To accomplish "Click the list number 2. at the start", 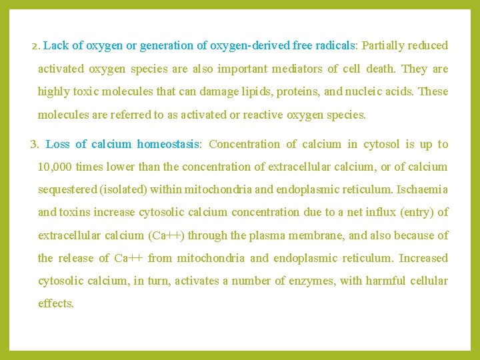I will [x=36, y=46].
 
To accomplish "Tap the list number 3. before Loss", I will [x=35, y=145].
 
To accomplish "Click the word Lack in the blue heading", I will [x=56, y=46].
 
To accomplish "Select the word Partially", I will [x=384, y=46].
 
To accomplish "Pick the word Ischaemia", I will [x=422, y=189].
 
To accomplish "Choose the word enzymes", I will [x=315, y=281].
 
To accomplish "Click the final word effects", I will [x=55, y=303].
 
